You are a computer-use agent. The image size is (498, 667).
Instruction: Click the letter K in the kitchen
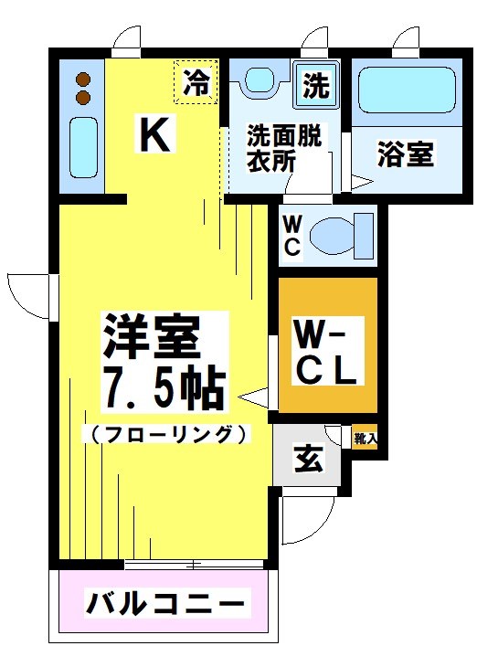[x=154, y=135]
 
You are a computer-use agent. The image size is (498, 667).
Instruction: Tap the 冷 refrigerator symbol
[x=196, y=83]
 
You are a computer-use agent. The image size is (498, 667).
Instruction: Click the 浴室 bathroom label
[x=406, y=154]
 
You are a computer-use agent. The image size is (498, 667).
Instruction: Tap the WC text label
[x=292, y=235]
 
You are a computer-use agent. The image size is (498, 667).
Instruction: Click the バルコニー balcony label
[x=166, y=604]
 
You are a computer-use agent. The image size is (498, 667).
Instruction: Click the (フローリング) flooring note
[x=166, y=433]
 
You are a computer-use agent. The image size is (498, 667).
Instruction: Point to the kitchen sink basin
[x=83, y=149]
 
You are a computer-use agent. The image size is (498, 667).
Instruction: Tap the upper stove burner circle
[x=84, y=78]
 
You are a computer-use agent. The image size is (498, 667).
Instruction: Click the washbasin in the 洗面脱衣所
[x=260, y=81]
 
